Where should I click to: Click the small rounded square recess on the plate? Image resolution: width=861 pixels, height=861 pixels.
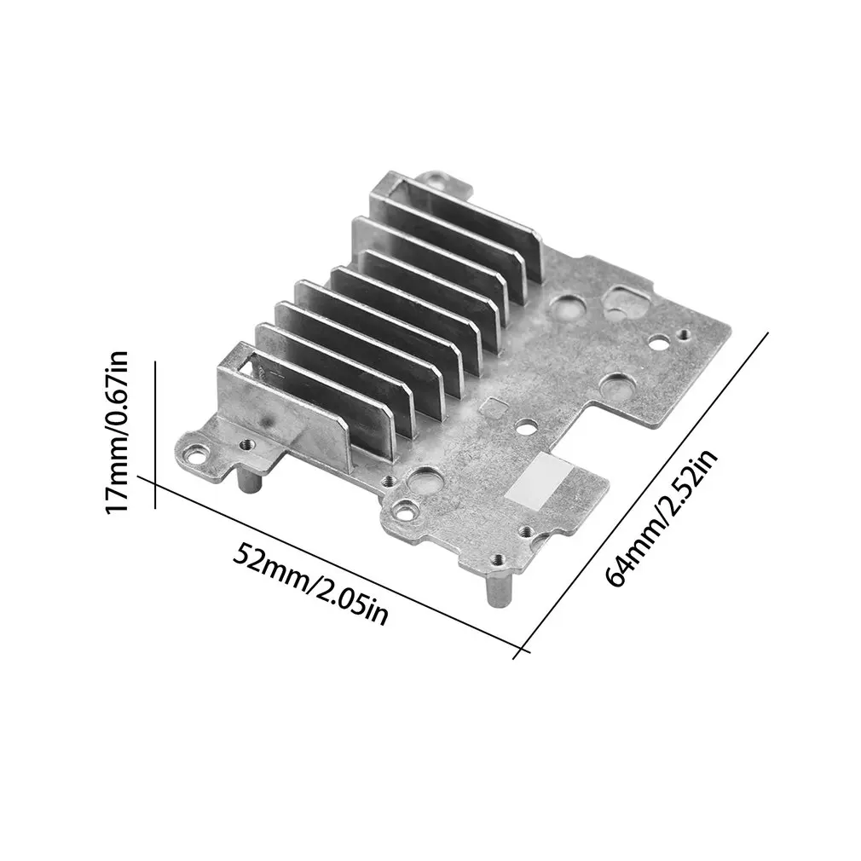point(492,407)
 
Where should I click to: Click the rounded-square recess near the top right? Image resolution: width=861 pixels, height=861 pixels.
point(622,300)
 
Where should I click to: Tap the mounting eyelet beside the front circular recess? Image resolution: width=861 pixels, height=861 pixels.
point(404,509)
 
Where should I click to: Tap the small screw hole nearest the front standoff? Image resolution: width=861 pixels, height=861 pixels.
point(500,560)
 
